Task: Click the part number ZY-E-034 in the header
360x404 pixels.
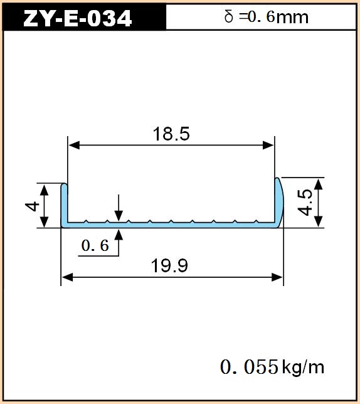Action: pos(77,19)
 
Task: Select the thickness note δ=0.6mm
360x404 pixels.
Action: pos(267,17)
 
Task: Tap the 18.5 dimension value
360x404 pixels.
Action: pos(171,134)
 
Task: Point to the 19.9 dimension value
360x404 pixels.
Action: pos(169,265)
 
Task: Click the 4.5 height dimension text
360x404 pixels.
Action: pos(305,202)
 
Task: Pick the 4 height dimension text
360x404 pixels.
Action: pos(32,206)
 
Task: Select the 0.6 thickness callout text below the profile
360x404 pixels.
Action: pos(95,245)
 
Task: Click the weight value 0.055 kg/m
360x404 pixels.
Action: pos(272,366)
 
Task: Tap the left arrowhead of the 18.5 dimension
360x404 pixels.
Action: pos(74,146)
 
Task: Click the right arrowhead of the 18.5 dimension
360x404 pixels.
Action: pos(268,146)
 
